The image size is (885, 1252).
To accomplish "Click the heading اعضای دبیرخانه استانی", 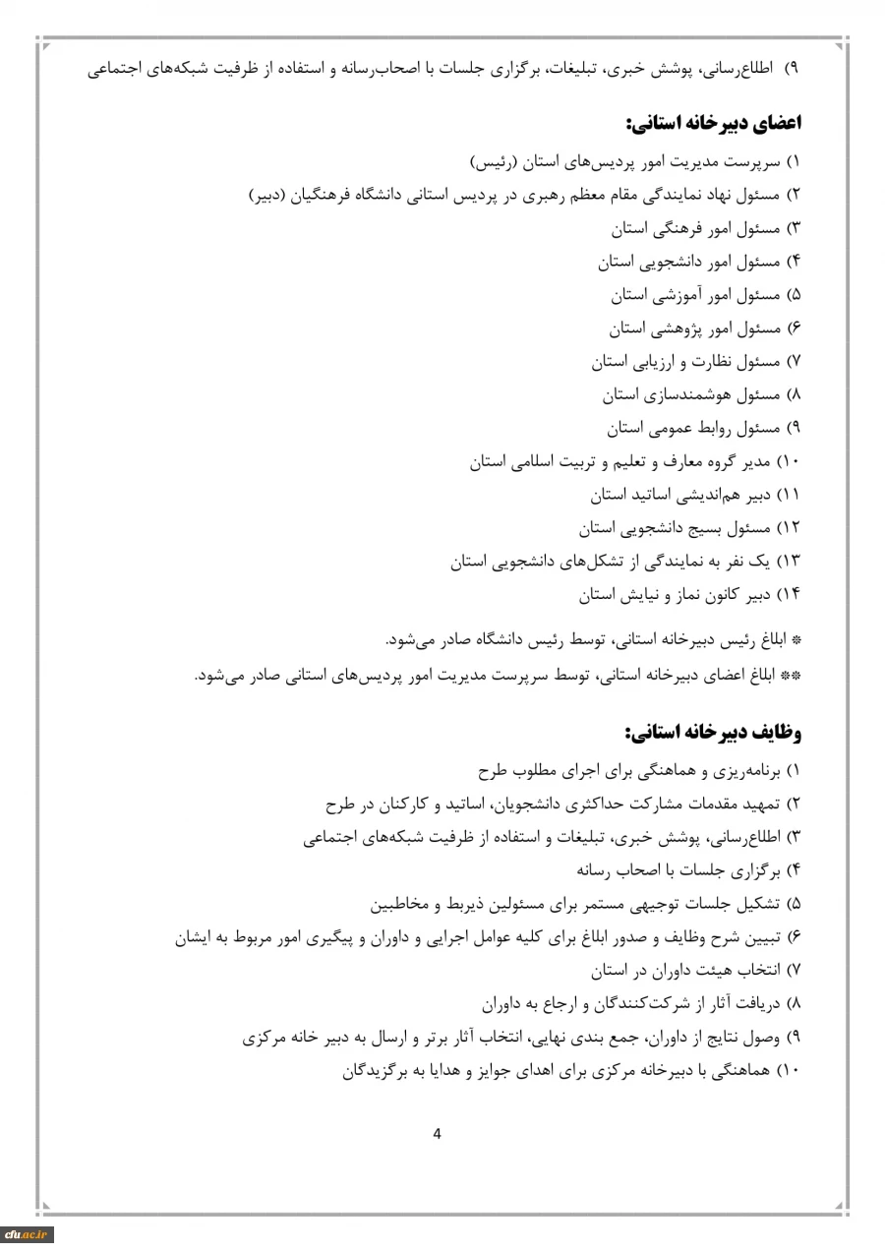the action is point(714,125).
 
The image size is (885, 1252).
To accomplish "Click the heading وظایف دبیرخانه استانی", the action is point(714,734).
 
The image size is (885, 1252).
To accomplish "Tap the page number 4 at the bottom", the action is point(438,1133).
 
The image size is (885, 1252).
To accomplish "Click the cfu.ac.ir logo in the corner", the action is point(27,1234).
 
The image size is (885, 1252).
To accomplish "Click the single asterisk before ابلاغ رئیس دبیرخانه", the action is point(796,641).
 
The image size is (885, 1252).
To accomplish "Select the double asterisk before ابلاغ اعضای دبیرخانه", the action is point(793,676).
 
